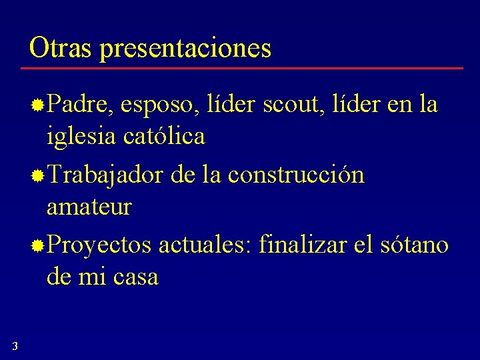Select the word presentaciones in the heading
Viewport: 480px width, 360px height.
click(186, 49)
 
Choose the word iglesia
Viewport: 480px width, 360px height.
click(81, 137)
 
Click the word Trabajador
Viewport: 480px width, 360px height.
click(105, 175)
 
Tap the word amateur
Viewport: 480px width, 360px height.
click(89, 207)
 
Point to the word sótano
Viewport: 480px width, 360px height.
click(414, 245)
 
